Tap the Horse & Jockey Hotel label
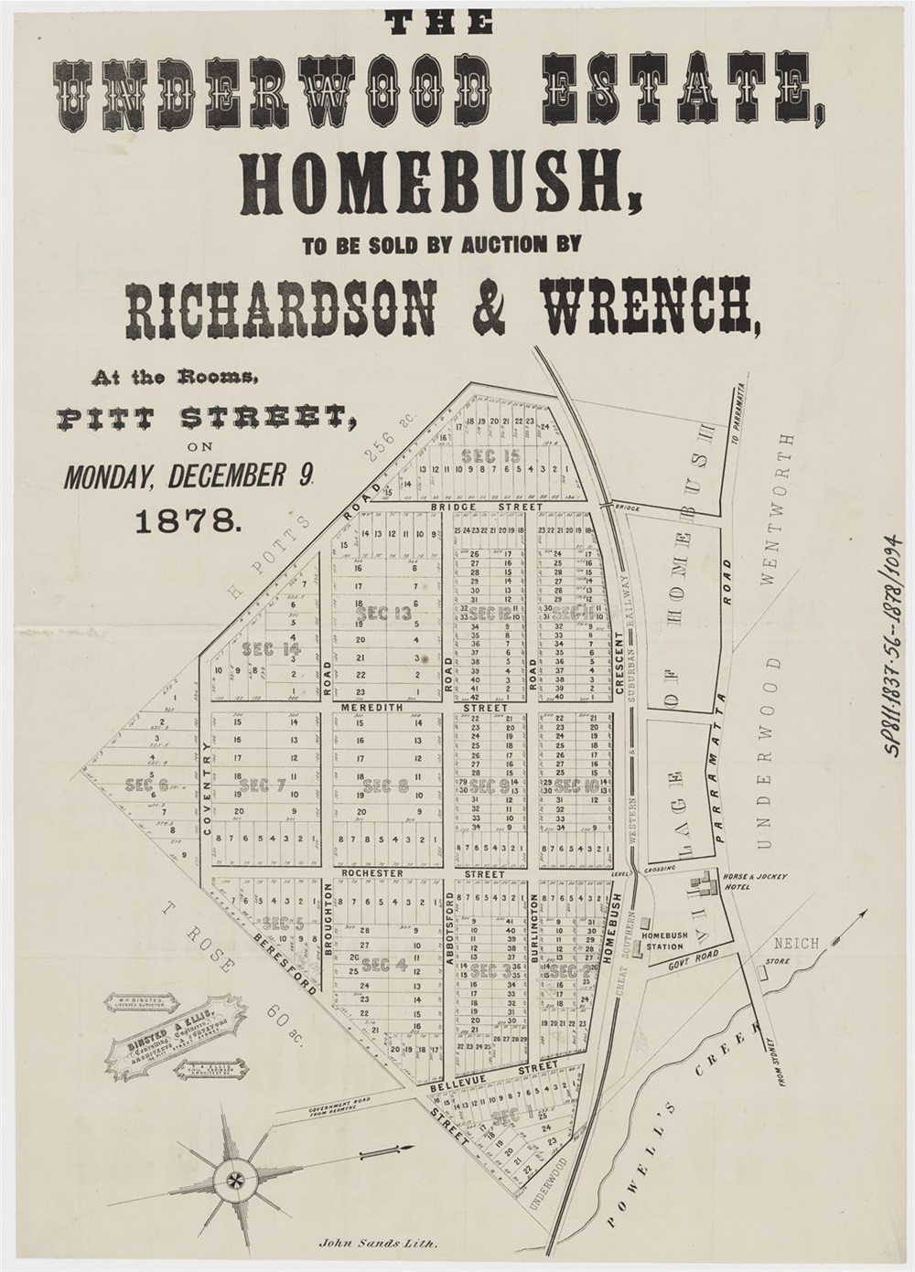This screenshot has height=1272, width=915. [x=755, y=882]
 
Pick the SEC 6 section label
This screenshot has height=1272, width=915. [x=146, y=784]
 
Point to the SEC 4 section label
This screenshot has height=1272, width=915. [x=384, y=964]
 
